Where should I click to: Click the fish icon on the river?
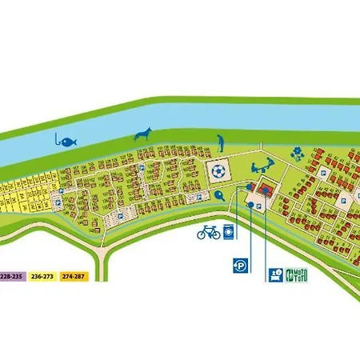pyautogui.click(x=68, y=140)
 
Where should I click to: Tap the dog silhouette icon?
pyautogui.click(x=143, y=134)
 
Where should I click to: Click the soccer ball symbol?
pyautogui.click(x=217, y=171)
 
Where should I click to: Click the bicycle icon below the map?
pyautogui.click(x=208, y=232)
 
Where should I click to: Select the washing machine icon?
pyautogui.click(x=230, y=233)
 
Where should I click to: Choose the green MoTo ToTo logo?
pyautogui.click(x=296, y=274)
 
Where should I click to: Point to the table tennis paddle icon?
pyautogui.click(x=218, y=194)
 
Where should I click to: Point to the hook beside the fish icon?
pyautogui.click(x=57, y=140)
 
